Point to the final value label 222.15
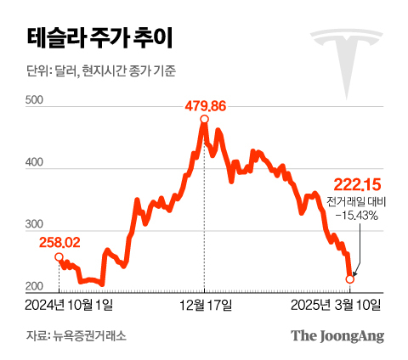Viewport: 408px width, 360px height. (357, 185)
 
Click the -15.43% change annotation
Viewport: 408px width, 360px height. (356, 216)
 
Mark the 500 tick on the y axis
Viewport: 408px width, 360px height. (35, 100)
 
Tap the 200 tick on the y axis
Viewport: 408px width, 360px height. (35, 286)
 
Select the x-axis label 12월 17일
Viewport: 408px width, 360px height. (205, 302)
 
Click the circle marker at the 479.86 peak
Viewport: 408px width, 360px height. (205, 120)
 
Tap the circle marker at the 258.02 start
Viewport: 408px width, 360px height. (59, 256)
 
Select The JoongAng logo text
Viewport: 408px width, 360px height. (337, 335)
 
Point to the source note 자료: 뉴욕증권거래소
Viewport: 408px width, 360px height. (76, 336)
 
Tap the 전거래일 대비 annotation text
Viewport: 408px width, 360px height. (355, 202)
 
